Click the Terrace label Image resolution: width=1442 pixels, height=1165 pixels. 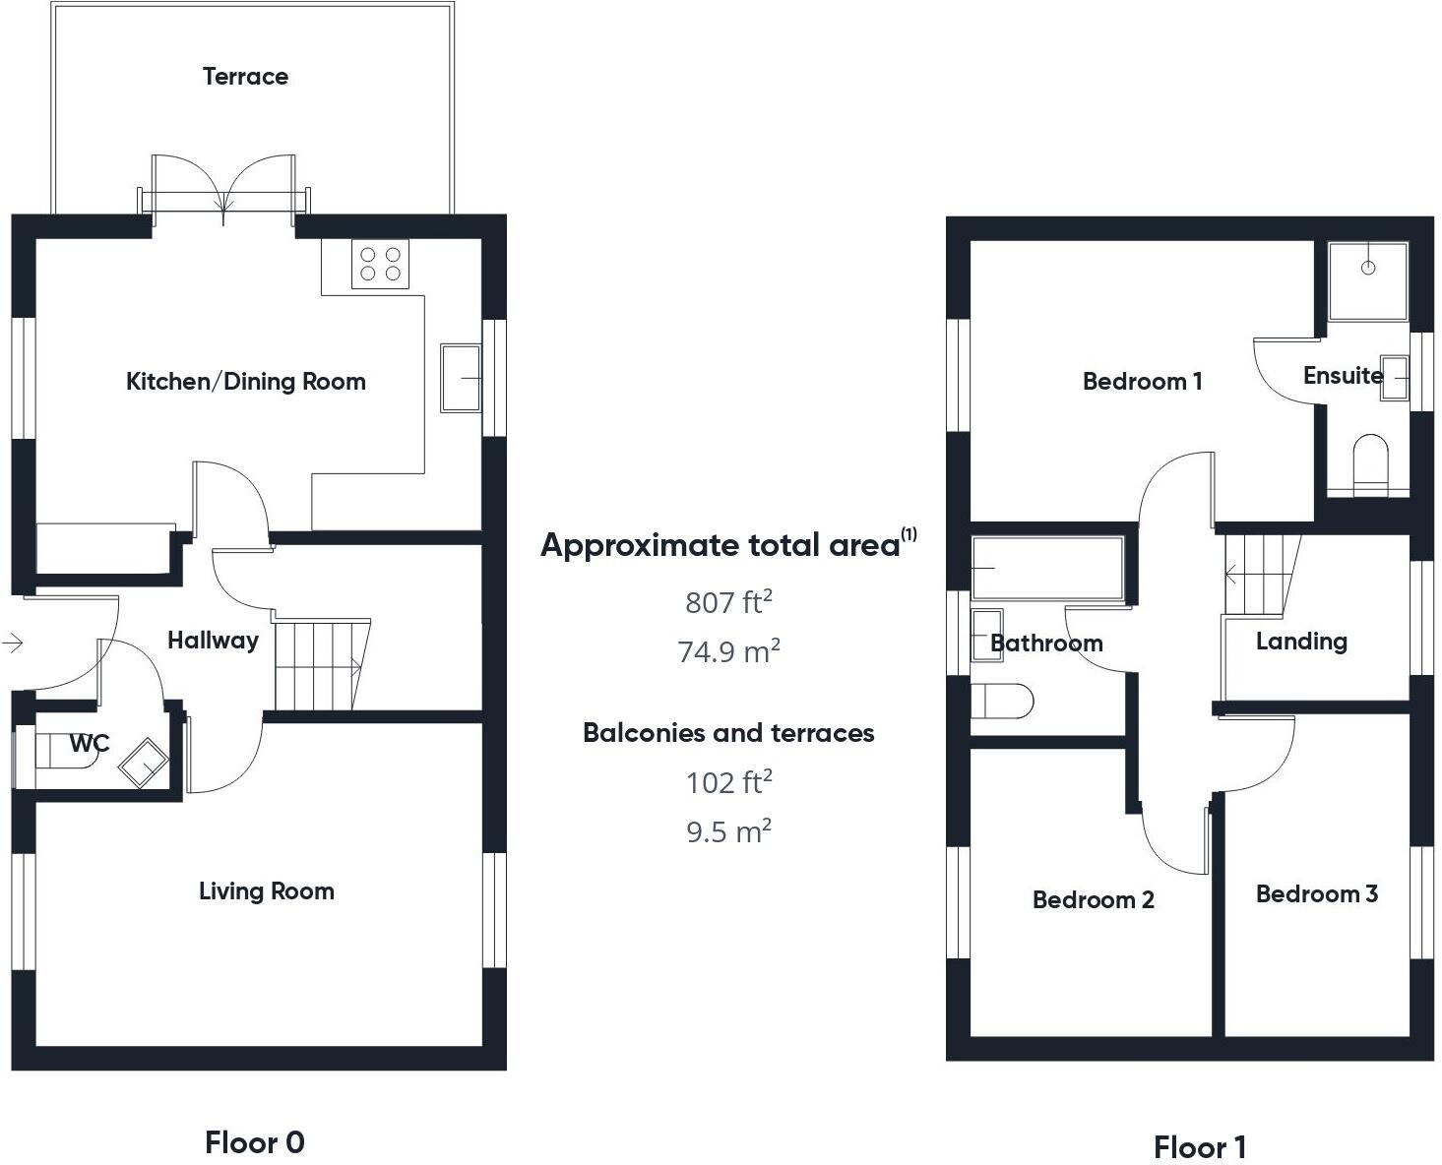point(245,77)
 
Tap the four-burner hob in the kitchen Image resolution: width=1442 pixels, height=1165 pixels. point(380,264)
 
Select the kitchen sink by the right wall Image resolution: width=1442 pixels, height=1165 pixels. point(460,377)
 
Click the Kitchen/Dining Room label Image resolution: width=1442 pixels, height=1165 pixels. point(245,382)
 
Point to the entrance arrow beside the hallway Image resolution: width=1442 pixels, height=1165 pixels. point(13,644)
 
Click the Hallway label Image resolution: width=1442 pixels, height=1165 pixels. point(213,641)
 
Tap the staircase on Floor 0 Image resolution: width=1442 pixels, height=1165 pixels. point(320,665)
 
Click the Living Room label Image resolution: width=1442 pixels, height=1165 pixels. point(266,891)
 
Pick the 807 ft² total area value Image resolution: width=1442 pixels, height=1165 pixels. point(728,601)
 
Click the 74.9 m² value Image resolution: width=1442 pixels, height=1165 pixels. point(728,651)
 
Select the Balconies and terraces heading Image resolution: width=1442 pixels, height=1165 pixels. point(728,733)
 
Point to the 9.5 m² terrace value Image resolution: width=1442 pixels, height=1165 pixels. point(728,831)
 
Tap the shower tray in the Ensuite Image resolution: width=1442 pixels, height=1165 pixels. point(1367,280)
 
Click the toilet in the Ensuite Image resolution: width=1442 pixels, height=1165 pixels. point(1369,464)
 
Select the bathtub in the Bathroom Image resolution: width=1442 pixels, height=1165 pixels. point(1047,568)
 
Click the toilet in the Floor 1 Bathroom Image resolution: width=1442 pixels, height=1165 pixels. point(1001,703)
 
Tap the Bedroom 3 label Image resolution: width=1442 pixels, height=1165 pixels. point(1316,894)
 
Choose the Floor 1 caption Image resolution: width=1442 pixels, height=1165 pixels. point(1199,1147)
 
